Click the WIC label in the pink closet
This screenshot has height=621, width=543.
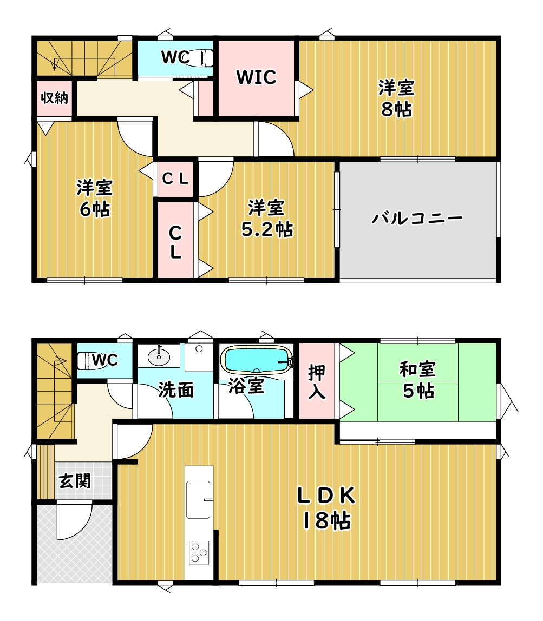coord(256,77)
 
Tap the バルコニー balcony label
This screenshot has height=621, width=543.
coord(417,218)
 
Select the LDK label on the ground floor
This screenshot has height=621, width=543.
coord(326,496)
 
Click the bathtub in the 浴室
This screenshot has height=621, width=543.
coord(257,360)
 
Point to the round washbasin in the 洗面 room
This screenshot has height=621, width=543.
coord(159,357)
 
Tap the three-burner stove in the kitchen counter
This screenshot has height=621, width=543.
coord(199,552)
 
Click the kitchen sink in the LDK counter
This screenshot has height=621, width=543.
coord(198,500)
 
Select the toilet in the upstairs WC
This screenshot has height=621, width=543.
coord(198,58)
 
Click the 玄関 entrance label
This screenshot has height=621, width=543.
coord(75,481)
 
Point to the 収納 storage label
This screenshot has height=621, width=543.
coord(55,97)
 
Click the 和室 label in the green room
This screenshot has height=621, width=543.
coord(418,369)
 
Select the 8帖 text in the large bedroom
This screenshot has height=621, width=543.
coord(396,109)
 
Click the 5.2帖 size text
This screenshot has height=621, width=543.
coord(267,229)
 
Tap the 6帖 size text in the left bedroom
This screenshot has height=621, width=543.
coord(95,209)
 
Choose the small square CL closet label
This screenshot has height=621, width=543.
coord(175,179)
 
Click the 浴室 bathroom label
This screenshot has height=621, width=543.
coord(246,386)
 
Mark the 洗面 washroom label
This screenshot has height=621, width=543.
coord(176,390)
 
